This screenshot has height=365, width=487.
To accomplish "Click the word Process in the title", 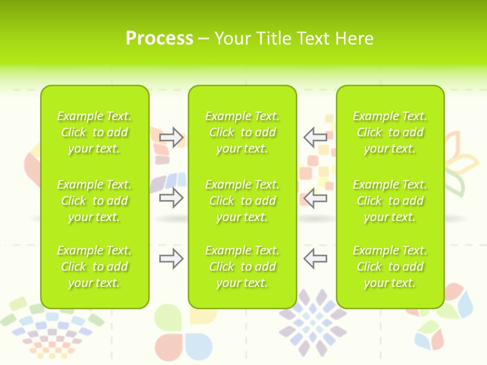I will pyautogui.click(x=159, y=39).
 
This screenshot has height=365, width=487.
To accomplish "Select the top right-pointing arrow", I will pyautogui.click(x=171, y=137).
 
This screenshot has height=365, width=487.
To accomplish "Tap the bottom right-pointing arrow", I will pyautogui.click(x=171, y=259).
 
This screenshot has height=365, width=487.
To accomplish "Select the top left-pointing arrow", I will pyautogui.click(x=315, y=137).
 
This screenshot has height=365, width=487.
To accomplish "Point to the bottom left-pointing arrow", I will pyautogui.click(x=315, y=259).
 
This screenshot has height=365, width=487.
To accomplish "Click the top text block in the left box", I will pyautogui.click(x=94, y=132).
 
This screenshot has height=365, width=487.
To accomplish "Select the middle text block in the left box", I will pyautogui.click(x=94, y=201).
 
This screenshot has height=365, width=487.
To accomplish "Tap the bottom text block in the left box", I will pyautogui.click(x=94, y=267).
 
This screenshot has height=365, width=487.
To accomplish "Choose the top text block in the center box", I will pyautogui.click(x=242, y=132).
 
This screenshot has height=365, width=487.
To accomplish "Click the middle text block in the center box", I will pyautogui.click(x=242, y=201).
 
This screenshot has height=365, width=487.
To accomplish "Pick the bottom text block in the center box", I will pyautogui.click(x=242, y=267).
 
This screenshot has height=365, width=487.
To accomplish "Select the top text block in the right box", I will pyautogui.click(x=390, y=132).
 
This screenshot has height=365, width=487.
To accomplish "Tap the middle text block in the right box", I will pyautogui.click(x=390, y=201).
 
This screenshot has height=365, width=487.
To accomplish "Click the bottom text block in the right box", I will pyautogui.click(x=390, y=267).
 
